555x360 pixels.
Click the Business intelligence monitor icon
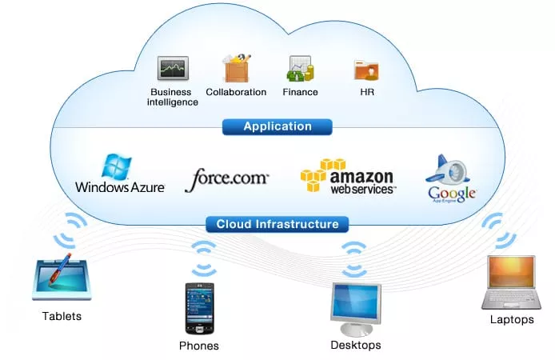(172, 70)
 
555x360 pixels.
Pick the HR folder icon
(366, 70)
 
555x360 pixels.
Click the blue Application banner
(277, 126)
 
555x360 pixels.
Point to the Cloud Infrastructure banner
(277, 224)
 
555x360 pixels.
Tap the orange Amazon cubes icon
(322, 173)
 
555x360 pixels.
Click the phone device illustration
(199, 308)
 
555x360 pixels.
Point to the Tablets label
(62, 316)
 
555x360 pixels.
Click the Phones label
(199, 346)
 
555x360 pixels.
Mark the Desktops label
(356, 346)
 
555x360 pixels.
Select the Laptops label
(512, 320)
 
